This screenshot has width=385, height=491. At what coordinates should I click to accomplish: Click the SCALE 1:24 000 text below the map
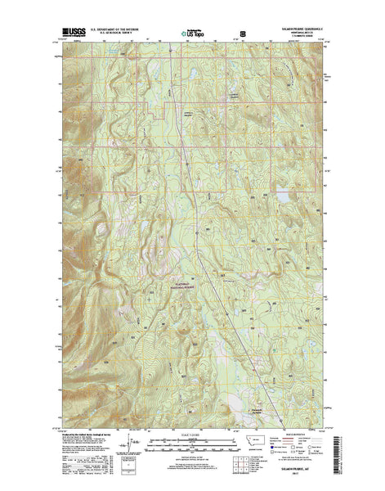192,425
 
